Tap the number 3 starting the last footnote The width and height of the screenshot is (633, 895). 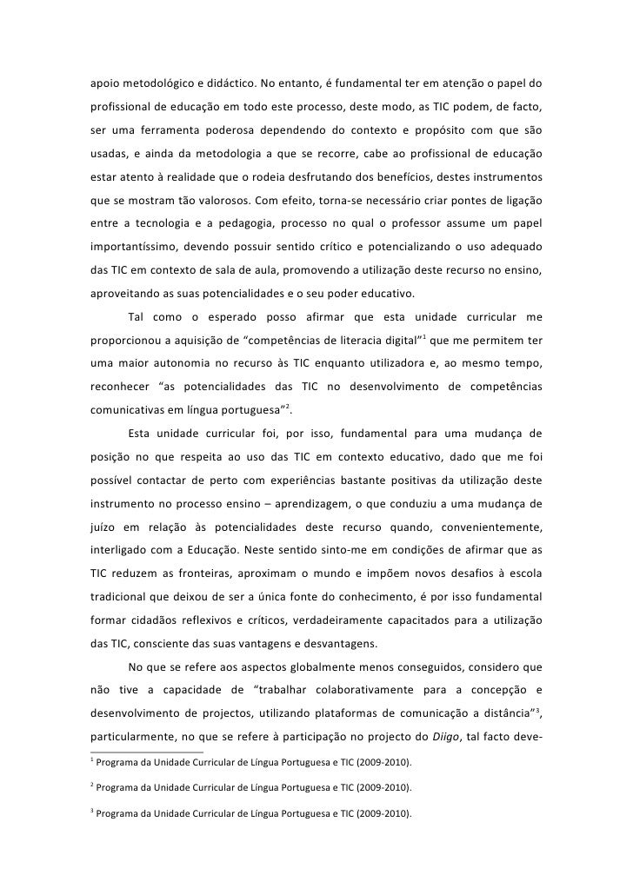[91, 812]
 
